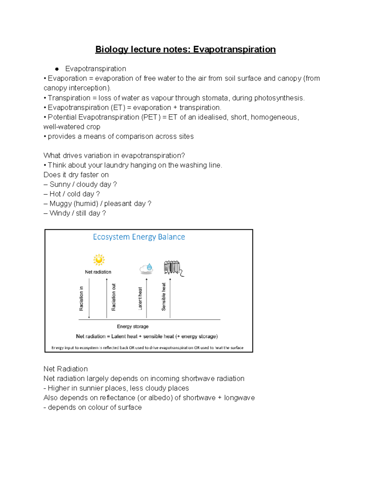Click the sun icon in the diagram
click(x=99, y=260)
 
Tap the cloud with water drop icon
click(x=146, y=268)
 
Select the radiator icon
click(x=173, y=268)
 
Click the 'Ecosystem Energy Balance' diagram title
click(x=139, y=237)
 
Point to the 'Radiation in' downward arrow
click(x=89, y=298)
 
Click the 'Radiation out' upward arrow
click(x=107, y=298)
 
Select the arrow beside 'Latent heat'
click(x=147, y=298)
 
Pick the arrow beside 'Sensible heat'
click(x=170, y=298)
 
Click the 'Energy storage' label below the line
click(x=133, y=326)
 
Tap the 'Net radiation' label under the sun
click(x=98, y=272)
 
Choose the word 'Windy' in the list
click(x=59, y=213)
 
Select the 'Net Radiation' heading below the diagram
click(x=66, y=369)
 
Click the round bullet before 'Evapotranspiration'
click(x=57, y=69)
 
